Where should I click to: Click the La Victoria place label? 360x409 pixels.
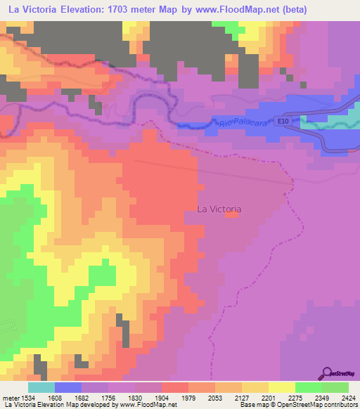219,209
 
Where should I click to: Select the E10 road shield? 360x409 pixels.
283,121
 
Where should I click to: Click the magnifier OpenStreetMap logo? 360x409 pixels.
326,372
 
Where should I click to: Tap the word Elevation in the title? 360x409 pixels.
82,11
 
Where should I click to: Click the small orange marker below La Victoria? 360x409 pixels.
231,215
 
